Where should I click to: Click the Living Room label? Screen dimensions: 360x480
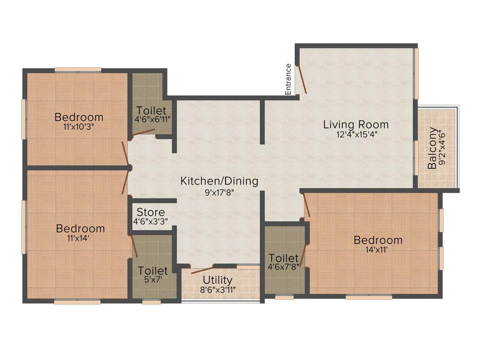(356, 125)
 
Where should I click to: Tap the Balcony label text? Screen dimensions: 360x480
(432, 149)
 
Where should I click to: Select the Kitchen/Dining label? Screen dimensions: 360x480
(219, 181)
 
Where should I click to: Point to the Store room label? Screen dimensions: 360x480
(148, 212)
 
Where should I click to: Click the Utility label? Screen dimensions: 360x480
(218, 281)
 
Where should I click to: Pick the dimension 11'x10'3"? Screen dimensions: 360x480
(79, 126)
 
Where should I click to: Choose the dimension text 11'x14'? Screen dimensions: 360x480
(80, 238)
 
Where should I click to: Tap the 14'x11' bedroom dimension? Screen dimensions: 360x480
(378, 249)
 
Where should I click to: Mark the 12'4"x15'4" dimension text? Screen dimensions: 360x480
(356, 134)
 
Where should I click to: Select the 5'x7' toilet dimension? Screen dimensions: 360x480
(153, 280)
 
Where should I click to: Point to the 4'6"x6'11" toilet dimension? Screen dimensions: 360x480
(152, 120)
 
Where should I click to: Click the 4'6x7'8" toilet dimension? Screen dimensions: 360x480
(284, 267)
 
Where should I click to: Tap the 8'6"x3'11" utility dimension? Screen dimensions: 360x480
(218, 289)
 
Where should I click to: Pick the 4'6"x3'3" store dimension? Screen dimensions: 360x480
(151, 221)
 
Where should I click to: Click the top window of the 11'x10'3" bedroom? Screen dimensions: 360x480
(78, 70)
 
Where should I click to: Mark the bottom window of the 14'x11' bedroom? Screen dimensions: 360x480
(369, 297)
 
